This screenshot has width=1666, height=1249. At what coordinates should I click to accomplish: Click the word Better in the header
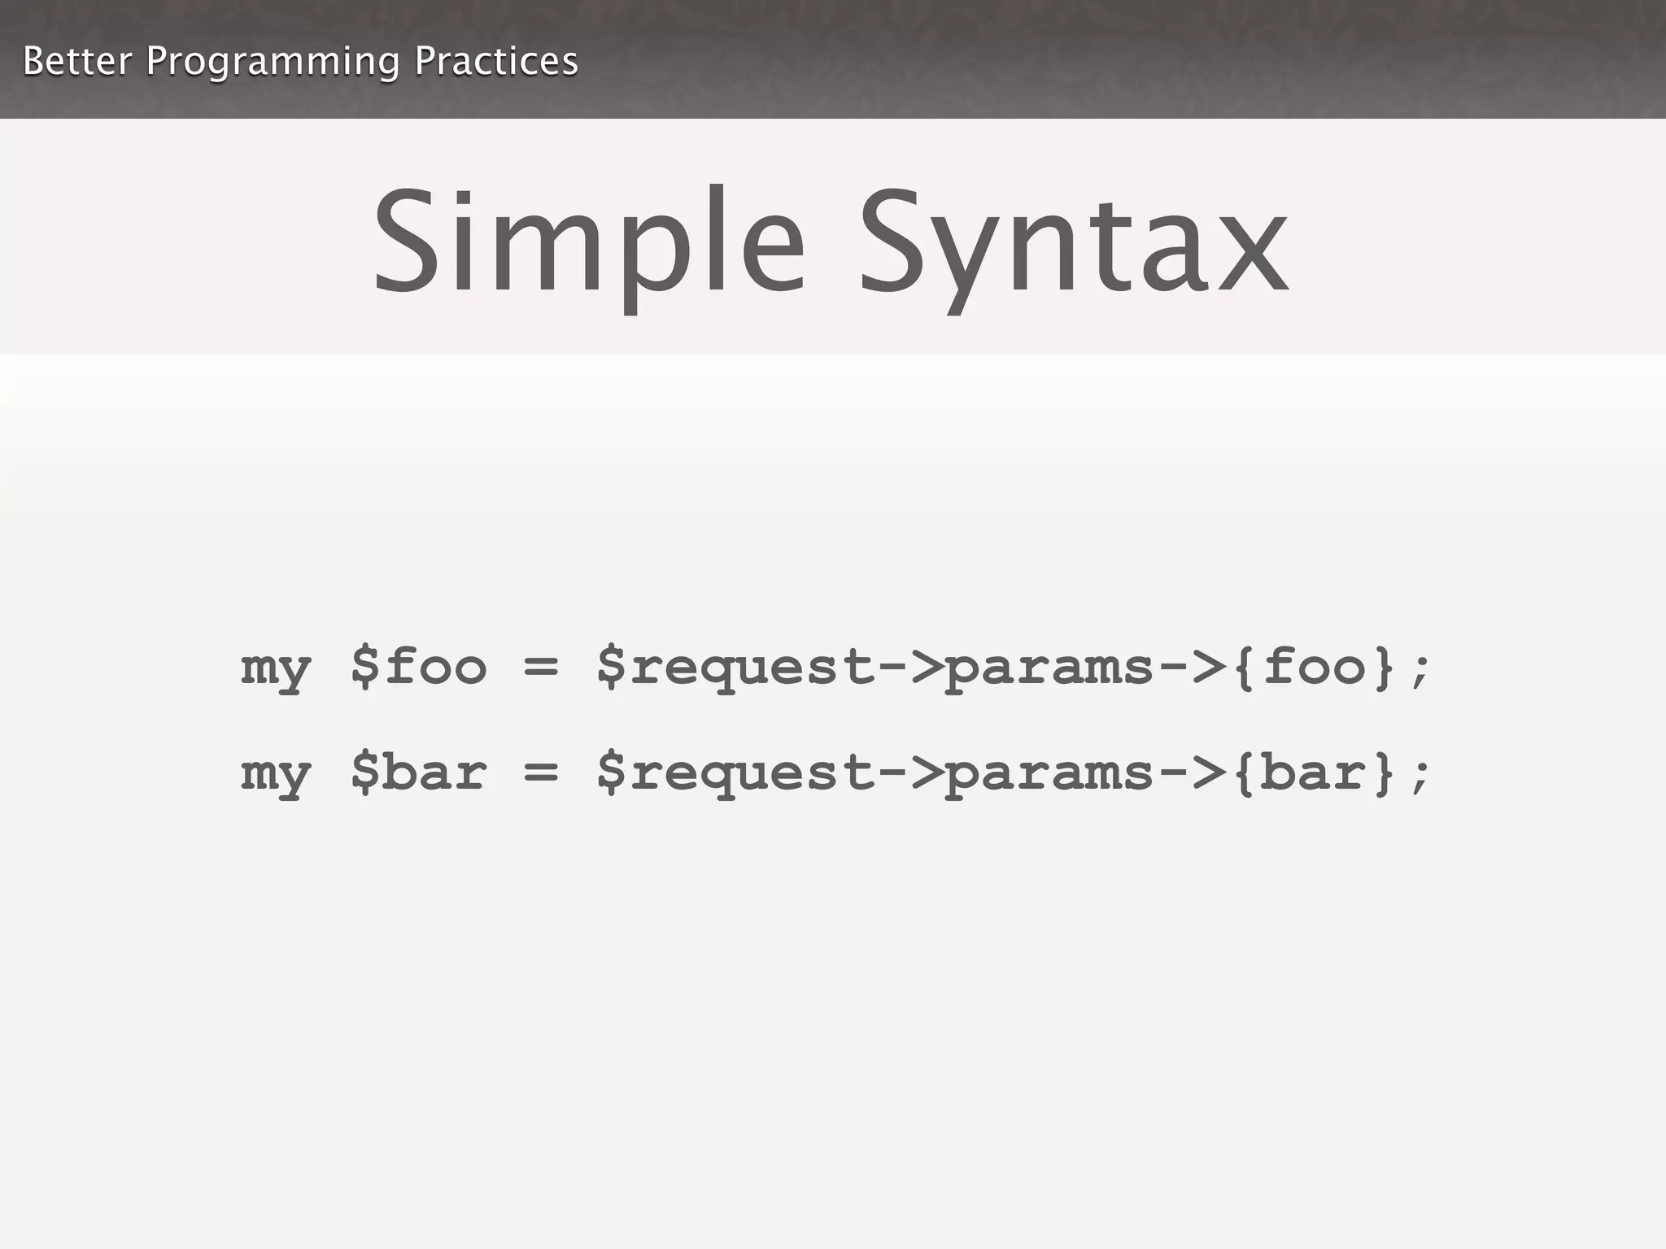pos(77,61)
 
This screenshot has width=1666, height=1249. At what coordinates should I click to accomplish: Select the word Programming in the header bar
pos(273,63)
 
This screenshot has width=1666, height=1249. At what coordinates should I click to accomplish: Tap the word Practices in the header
pos(496,61)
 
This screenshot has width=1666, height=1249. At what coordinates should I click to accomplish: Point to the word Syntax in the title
pos(1074,244)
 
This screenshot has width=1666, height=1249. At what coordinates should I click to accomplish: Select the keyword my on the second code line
pos(276,775)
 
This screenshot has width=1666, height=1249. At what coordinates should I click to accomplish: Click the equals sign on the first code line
pos(541,668)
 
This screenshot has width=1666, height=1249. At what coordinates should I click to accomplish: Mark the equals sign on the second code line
pos(541,773)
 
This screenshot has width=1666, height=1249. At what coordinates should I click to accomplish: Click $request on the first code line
pos(736,668)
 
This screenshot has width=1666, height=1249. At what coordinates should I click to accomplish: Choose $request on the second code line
pos(736,773)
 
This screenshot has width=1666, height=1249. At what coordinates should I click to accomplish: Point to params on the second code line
pos(1049,775)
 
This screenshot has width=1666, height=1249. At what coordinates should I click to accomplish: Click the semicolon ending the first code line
pos(1420,672)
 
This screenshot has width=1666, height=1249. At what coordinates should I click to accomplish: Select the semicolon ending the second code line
pos(1420,777)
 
